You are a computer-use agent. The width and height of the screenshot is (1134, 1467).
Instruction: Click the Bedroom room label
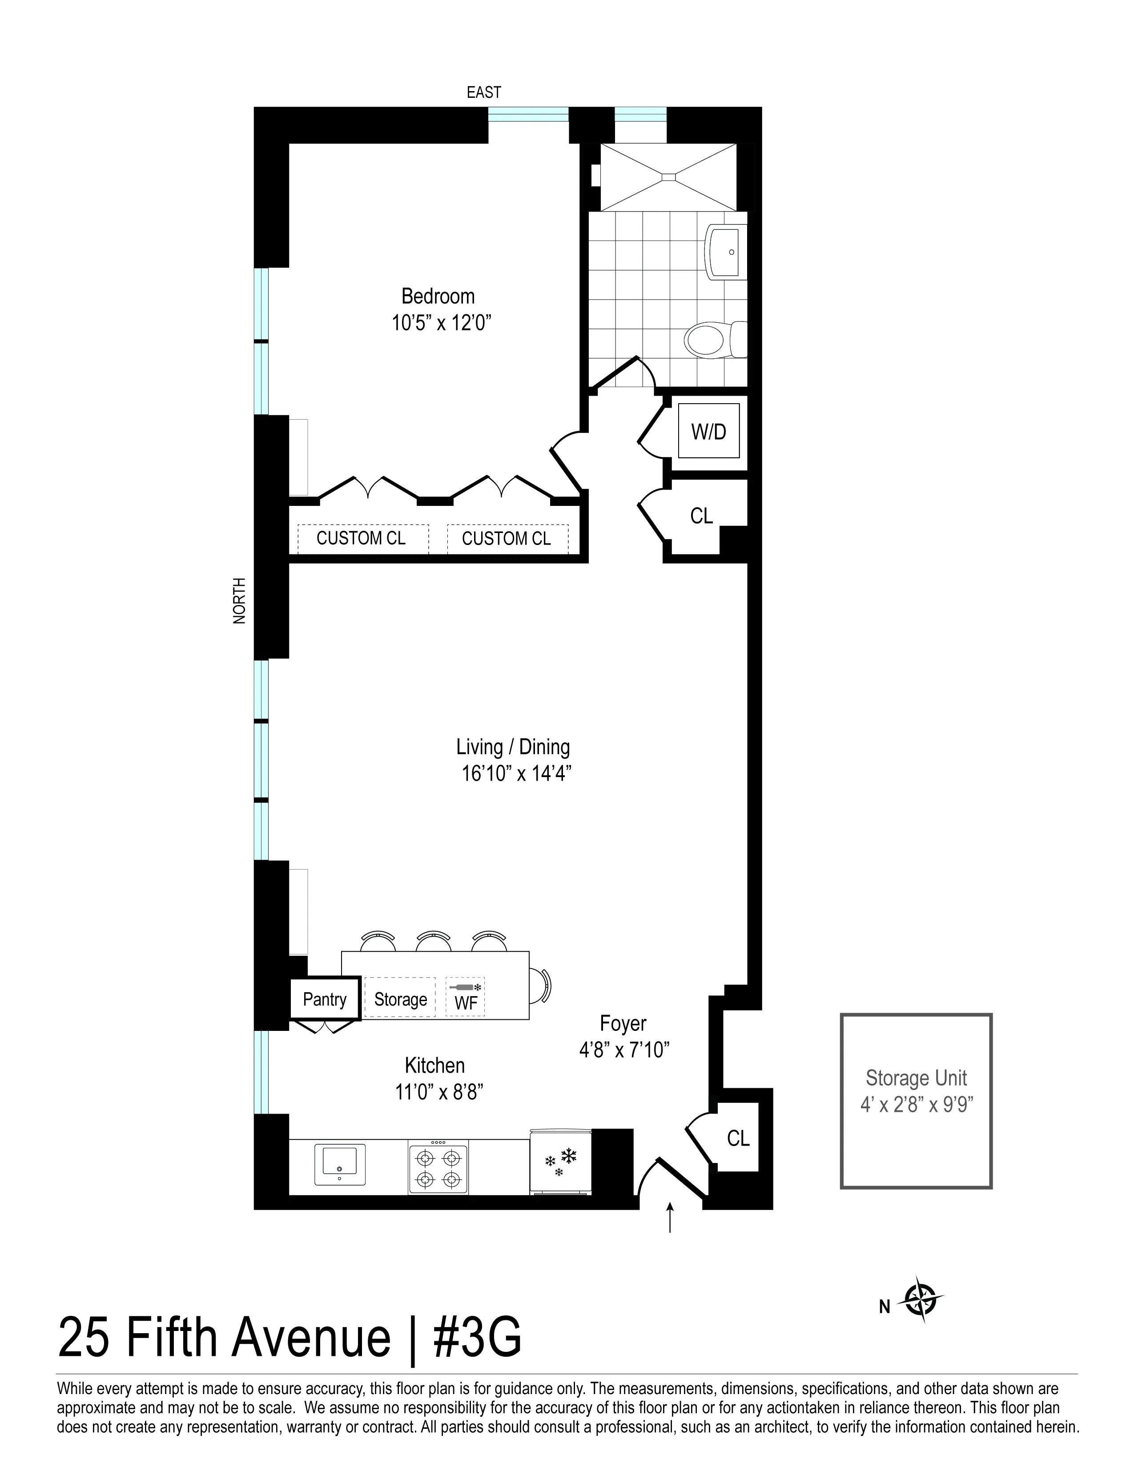click(x=438, y=296)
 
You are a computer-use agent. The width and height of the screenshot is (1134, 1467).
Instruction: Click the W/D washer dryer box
click(x=709, y=431)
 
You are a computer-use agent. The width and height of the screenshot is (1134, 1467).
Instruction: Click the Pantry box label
click(x=325, y=999)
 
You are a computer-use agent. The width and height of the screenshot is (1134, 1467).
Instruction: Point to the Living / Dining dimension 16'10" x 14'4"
click(x=516, y=774)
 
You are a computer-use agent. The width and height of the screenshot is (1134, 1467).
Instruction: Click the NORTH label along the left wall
click(x=240, y=601)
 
